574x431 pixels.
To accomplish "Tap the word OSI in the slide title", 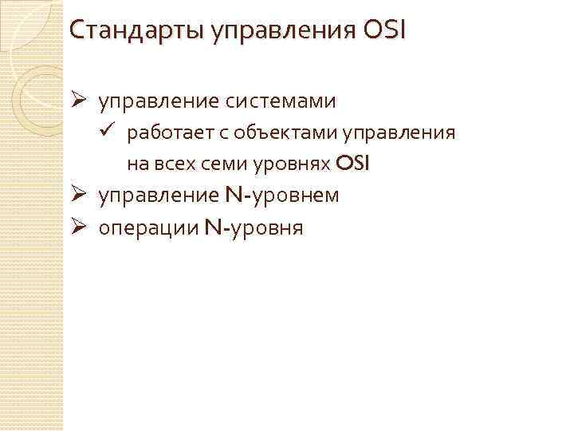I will point(384,32).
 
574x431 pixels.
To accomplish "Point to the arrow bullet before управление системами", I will point(77,102).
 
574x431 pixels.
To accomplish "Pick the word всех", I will point(172,164).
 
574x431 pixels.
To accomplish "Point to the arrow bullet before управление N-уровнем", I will point(77,196).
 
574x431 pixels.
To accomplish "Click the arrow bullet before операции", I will point(77,229).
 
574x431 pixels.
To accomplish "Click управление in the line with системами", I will point(159,103).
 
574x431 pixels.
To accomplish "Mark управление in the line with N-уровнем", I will point(159,196).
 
